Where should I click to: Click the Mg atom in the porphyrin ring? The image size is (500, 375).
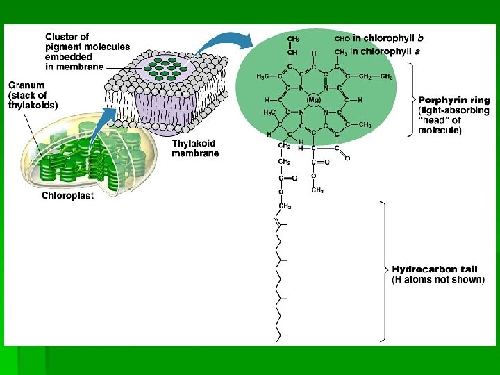(312, 100)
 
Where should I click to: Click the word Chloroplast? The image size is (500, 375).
(67, 195)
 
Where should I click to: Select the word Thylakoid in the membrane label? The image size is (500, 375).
(194, 144)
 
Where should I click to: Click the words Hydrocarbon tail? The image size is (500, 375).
(435, 269)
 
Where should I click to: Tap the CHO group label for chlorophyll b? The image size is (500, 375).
(342, 39)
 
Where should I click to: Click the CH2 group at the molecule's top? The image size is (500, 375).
(294, 39)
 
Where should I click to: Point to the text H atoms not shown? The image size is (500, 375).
(438, 280)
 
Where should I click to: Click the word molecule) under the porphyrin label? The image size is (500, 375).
(440, 131)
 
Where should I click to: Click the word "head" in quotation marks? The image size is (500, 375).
(434, 121)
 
